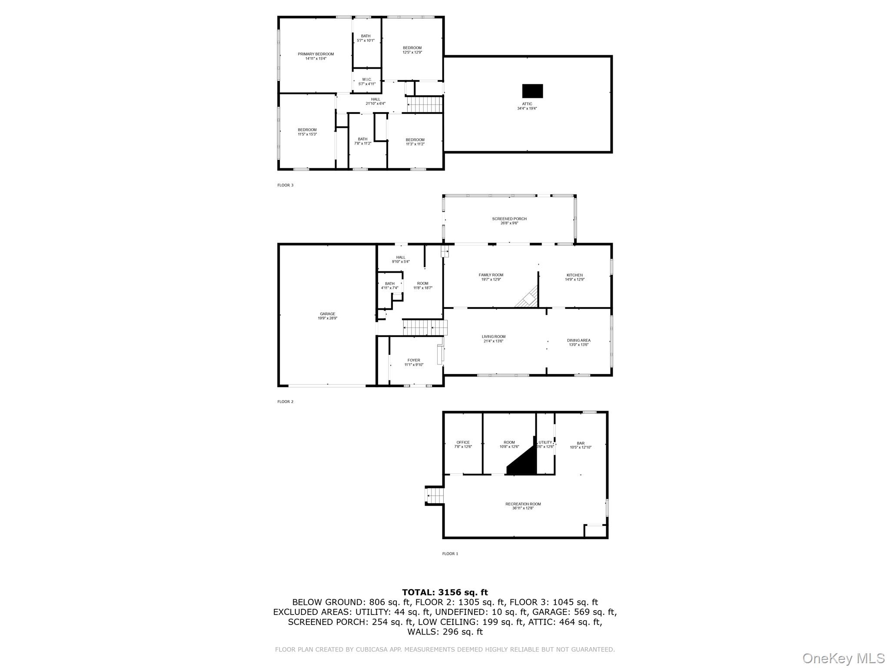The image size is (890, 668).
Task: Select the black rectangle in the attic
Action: [532, 91]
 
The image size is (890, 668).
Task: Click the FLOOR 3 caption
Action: [286, 185]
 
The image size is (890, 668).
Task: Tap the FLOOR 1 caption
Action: [450, 554]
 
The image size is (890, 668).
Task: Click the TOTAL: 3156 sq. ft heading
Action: [445, 592]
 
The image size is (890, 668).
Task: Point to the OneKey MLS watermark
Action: [843, 658]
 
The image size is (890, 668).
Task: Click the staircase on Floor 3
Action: [424, 105]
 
